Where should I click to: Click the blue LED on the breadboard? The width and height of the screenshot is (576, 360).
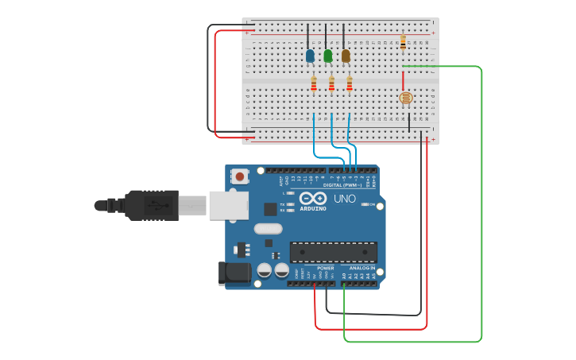click(x=310, y=56)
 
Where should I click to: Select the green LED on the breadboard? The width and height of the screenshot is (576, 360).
click(x=327, y=56)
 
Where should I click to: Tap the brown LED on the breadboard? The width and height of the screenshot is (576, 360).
click(x=346, y=56)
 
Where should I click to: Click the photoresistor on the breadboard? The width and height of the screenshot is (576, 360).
click(x=405, y=99)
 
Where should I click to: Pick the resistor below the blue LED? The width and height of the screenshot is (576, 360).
click(x=314, y=83)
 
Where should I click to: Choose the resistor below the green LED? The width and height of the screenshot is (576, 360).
click(x=331, y=83)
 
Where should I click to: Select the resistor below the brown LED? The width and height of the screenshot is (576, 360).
click(x=349, y=83)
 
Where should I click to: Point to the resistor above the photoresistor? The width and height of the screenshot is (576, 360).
click(x=403, y=42)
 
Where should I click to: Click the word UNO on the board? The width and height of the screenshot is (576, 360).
click(x=344, y=199)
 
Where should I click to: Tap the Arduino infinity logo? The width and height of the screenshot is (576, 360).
click(x=313, y=198)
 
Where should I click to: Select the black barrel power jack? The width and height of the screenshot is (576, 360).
click(x=234, y=273)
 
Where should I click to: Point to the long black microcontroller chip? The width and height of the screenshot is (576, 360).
click(x=333, y=252)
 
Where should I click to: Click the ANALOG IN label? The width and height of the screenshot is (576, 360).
click(x=362, y=269)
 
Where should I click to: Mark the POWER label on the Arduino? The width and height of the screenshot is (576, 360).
click(x=326, y=269)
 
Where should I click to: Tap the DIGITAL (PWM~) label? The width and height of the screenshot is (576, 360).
click(x=342, y=184)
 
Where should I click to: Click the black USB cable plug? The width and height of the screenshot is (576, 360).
click(x=151, y=205)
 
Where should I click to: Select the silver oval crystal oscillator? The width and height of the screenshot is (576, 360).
click(x=268, y=229)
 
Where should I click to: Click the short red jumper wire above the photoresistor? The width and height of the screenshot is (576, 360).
click(x=403, y=79)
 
